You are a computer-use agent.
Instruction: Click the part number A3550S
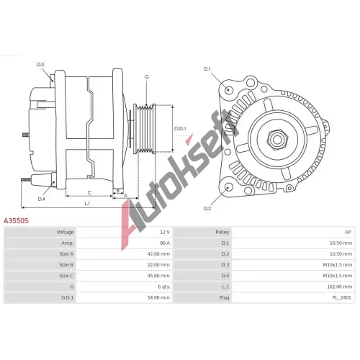pyautogui.click(x=16, y=220)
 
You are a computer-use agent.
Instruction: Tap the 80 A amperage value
pyautogui.click(x=165, y=243)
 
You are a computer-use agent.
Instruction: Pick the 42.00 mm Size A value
pyautogui.click(x=158, y=254)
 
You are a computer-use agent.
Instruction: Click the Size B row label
pyautogui.click(x=66, y=265)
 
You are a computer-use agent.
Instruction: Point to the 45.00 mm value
pyautogui.click(x=158, y=276)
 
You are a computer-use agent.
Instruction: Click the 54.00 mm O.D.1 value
pyautogui.click(x=158, y=297)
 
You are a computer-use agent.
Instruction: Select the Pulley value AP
pyautogui.click(x=348, y=232)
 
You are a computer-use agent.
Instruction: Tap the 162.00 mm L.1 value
pyautogui.click(x=340, y=287)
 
